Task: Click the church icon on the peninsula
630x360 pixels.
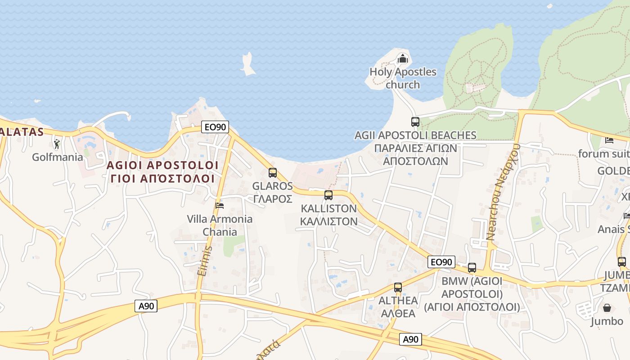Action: (402, 58)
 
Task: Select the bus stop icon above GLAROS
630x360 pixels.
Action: (273, 173)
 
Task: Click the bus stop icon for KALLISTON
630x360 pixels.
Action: (328, 195)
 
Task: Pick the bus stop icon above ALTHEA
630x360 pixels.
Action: (398, 287)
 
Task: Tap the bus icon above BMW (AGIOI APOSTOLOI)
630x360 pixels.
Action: (472, 268)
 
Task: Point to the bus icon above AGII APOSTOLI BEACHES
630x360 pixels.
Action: (415, 121)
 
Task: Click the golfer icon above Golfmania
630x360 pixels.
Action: (57, 144)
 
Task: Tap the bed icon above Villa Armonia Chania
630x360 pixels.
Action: (220, 206)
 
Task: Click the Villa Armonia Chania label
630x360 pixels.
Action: (220, 225)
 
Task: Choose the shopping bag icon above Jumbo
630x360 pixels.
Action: (607, 308)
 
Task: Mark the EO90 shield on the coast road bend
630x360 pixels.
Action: (215, 127)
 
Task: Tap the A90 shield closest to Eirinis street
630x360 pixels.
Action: (146, 306)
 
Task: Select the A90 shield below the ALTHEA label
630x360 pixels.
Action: (410, 340)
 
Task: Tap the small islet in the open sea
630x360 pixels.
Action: (247, 63)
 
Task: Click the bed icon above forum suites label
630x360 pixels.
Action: (609, 140)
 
